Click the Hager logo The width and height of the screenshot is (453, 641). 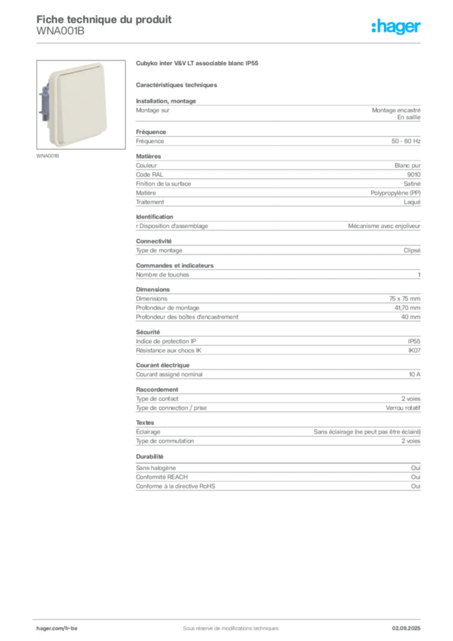[396, 26]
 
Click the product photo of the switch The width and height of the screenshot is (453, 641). [81, 105]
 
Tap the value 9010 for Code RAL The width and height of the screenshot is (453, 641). [414, 175]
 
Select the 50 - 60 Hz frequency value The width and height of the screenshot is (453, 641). [405, 141]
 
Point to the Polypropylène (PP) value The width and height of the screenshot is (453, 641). [395, 193]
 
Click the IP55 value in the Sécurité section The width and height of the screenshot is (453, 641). [414, 341]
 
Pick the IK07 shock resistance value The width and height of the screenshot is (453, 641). [414, 351]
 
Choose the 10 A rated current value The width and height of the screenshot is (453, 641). [415, 374]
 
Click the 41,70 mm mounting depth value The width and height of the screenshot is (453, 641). [407, 308]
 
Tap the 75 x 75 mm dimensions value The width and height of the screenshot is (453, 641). [405, 299]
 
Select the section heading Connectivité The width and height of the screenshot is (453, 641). [153, 241]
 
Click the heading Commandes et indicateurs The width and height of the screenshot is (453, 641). [175, 265]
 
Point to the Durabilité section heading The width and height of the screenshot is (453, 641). [150, 456]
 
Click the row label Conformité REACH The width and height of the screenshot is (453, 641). [162, 477]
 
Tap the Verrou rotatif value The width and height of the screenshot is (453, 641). [403, 408]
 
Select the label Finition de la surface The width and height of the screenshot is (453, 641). [163, 184]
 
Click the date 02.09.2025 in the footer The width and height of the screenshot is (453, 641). [406, 628]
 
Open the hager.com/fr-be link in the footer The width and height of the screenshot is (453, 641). [57, 628]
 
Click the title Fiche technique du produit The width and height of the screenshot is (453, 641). [104, 19]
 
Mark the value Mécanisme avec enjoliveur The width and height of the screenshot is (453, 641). [384, 226]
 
